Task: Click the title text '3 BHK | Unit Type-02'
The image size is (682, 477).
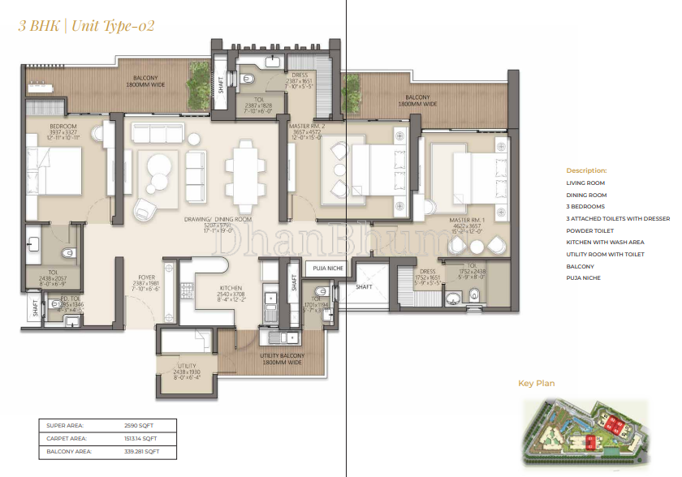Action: tap(86, 25)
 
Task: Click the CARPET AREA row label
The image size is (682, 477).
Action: tap(66, 438)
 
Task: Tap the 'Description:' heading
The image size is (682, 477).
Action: tap(586, 171)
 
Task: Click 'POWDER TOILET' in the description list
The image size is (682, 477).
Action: tap(590, 230)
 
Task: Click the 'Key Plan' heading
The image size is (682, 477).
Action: tap(536, 384)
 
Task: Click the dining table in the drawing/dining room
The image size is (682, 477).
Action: tap(245, 171)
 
